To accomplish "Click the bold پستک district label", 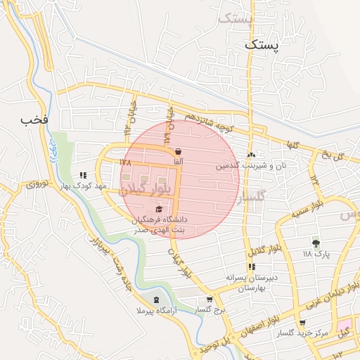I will pos(262,44).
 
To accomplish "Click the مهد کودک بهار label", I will pos(83,186).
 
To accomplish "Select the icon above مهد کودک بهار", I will pos(83,175).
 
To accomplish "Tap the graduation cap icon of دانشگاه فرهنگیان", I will pos(160,209).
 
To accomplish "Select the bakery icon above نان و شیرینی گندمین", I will pos(251,155).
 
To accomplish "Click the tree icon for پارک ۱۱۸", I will pos(316,242).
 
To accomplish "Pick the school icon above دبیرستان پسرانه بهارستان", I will pos(252,266).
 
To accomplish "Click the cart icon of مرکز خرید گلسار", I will pos(302,322).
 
